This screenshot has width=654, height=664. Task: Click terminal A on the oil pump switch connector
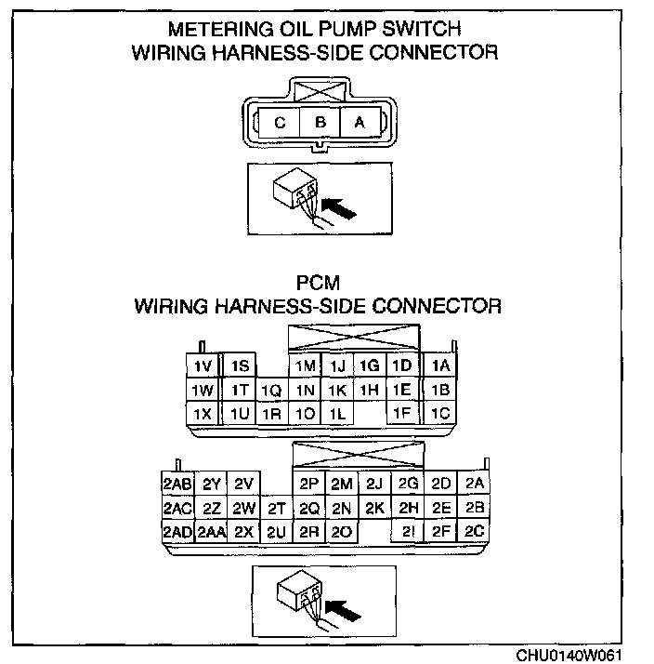pos(360,121)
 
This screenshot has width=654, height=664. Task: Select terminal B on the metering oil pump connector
pos(319,121)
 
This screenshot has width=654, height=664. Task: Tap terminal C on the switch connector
pos(279,121)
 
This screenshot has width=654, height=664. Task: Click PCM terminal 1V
pos(202,366)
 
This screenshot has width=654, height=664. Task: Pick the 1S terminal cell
pos(239,366)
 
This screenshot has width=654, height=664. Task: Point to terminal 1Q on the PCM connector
pos(270,391)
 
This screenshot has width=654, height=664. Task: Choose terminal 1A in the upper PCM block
pos(440,366)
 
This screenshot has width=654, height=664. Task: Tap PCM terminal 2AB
pos(177,484)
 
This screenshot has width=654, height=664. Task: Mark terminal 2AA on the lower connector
pos(211,532)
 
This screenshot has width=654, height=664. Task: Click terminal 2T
pos(276,509)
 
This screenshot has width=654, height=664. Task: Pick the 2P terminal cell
pos(309,484)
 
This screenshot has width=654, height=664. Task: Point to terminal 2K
pos(374,509)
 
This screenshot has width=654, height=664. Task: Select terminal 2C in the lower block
pos(475,532)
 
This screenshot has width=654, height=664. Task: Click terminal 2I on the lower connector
pos(407,532)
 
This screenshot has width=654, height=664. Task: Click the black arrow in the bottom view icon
pos(344,609)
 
